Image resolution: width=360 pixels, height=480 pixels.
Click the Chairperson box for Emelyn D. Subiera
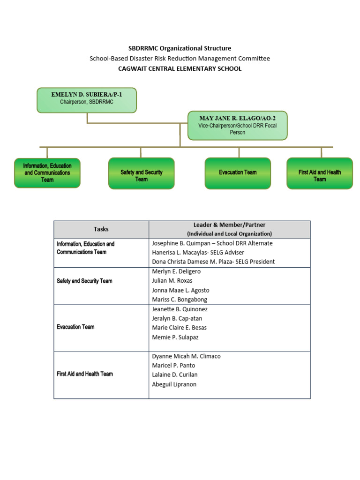[87, 100]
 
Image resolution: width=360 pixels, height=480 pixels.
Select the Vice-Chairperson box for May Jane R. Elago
[237, 125]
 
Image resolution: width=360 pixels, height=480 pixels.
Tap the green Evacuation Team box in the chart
[238, 173]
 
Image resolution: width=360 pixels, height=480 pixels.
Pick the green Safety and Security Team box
[141, 173]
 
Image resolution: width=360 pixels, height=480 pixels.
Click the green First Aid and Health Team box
[319, 173]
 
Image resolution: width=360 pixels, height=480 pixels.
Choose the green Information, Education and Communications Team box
[47, 173]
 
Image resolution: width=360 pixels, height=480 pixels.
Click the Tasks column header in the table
[101, 229]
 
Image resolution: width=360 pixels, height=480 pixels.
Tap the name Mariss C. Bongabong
[180, 300]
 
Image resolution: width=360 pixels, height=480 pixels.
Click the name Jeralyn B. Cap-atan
[177, 319]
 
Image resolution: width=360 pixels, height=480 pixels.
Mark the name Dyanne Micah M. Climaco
[186, 356]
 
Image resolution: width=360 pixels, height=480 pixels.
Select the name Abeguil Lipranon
[174, 384]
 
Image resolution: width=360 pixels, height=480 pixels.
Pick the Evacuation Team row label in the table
[75, 327]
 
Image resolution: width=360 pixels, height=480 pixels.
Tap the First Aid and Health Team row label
[84, 374]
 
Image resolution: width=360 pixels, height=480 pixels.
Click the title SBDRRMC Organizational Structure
[180, 48]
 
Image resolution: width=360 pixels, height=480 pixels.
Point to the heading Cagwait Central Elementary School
[180, 69]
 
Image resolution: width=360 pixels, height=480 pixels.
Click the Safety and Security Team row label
[84, 281]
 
